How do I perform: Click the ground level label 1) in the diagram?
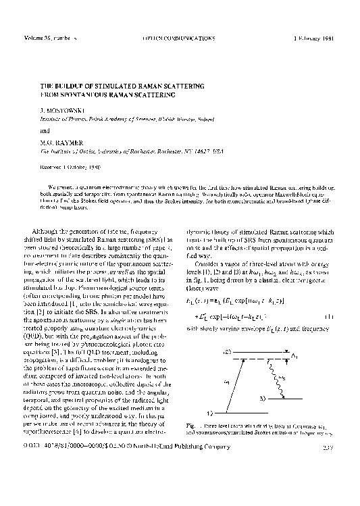212,411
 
